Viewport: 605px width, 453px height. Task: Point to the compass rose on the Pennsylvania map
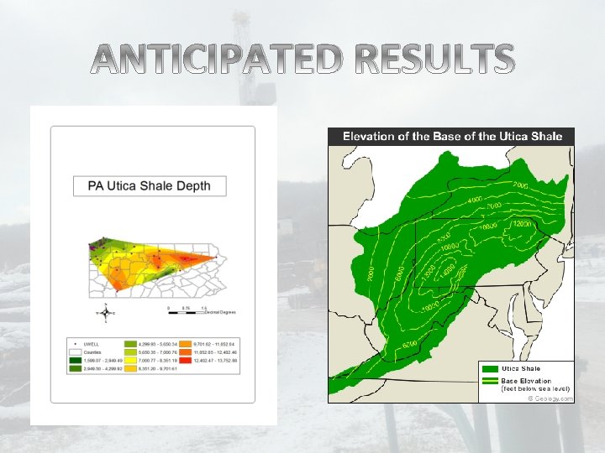pyautogui.click(x=105, y=312)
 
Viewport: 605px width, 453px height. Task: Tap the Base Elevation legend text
pyautogui.click(x=522, y=381)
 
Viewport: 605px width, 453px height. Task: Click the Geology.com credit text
pyautogui.click(x=550, y=398)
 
